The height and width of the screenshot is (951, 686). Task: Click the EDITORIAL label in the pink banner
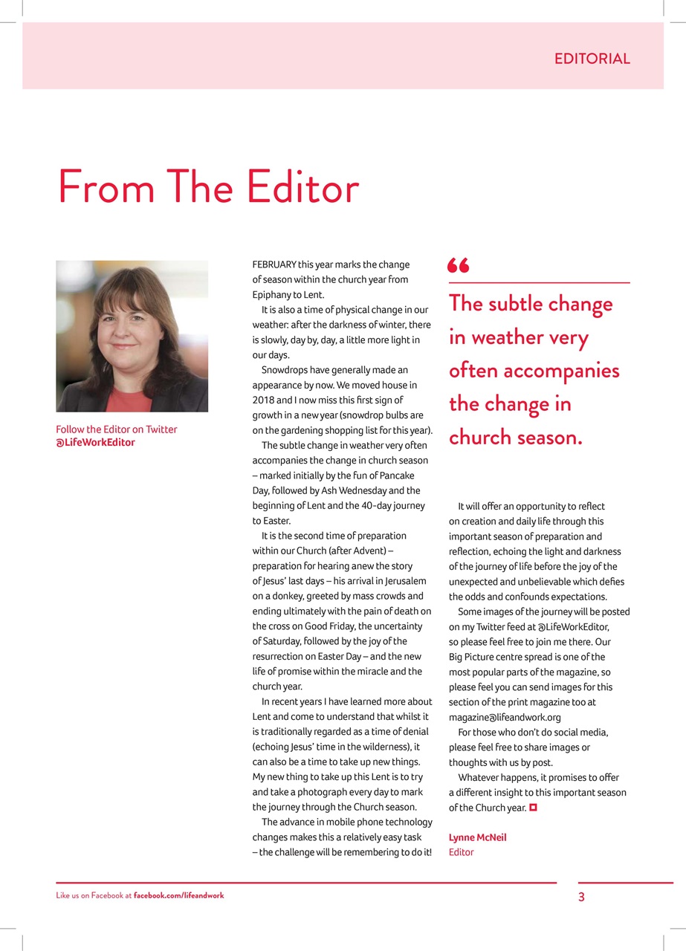coord(592,59)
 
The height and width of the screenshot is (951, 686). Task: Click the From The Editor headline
coord(208,187)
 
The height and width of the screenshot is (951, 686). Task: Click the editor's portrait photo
coord(132,336)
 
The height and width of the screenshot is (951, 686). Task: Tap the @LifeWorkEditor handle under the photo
coord(96,443)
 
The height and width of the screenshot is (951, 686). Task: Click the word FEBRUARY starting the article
coord(274,264)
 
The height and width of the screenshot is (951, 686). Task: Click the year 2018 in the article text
coord(263,400)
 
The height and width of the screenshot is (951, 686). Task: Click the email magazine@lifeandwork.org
coord(505,717)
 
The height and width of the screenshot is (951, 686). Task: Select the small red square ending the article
coord(533,807)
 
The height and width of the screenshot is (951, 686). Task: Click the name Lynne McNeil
coord(477,837)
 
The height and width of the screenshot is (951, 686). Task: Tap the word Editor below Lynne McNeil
coord(461,852)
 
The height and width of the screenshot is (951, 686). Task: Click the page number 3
coord(581,897)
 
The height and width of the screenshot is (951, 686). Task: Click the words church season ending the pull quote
coord(515,437)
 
